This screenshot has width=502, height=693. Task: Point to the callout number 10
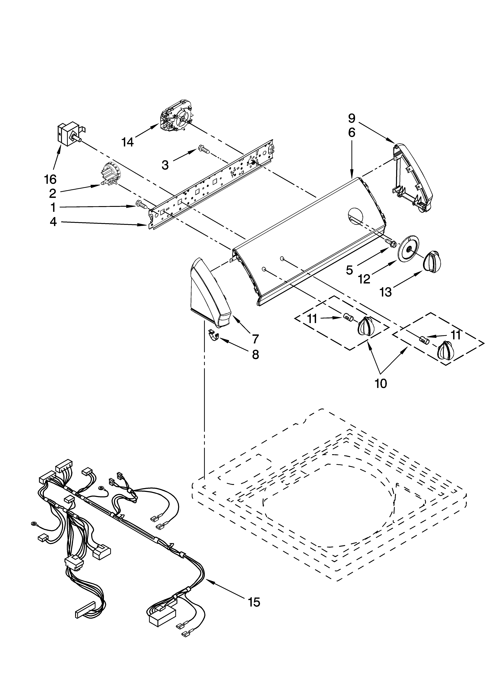[381, 383]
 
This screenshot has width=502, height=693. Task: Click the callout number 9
[352, 118]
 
